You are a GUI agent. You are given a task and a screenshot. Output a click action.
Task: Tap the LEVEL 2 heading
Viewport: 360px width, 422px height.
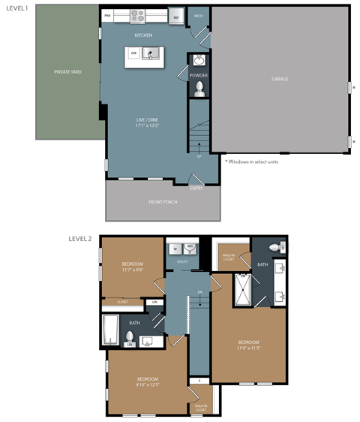pyautogui.click(x=79, y=239)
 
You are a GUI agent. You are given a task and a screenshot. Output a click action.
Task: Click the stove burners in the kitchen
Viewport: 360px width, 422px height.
pyautogui.click(x=138, y=15)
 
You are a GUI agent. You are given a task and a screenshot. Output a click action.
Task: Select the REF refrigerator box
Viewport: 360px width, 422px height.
pyautogui.click(x=176, y=17)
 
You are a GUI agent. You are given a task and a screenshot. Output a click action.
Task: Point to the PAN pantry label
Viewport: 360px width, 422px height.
pyautogui.click(x=108, y=16)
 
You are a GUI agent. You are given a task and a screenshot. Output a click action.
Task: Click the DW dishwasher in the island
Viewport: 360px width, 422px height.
pyautogui.click(x=133, y=53)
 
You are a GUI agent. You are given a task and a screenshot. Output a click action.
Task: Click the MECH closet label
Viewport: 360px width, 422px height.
pyautogui.click(x=199, y=15)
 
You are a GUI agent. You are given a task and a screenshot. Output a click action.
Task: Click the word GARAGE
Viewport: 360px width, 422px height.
pyautogui.click(x=280, y=79)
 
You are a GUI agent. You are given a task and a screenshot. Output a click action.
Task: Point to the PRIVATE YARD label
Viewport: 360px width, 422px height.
pyautogui.click(x=67, y=72)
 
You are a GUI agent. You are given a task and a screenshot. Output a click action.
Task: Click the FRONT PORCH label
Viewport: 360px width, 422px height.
pyautogui.click(x=163, y=202)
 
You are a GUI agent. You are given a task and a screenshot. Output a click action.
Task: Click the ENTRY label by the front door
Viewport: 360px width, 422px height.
pyautogui.click(x=196, y=188)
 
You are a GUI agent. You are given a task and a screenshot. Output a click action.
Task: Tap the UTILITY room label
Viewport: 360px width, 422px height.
pyautogui.click(x=182, y=261)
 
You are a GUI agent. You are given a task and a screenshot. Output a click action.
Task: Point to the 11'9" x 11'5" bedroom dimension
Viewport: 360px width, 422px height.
pyautogui.click(x=248, y=348)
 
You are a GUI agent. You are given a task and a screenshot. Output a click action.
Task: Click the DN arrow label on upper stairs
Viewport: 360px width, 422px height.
pyautogui.click(x=200, y=292)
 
